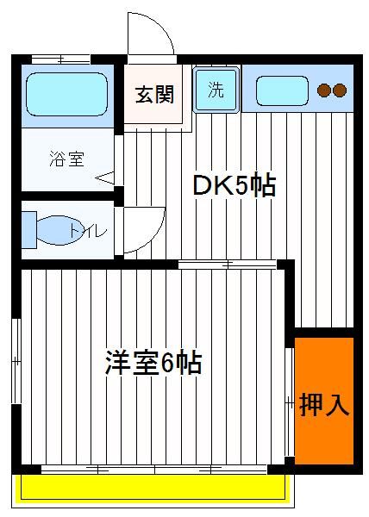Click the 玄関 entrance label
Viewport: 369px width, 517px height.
click(x=154, y=95)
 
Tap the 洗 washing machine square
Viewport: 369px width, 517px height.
click(x=216, y=90)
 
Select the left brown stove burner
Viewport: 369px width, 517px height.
click(x=324, y=90)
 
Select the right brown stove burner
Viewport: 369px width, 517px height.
click(x=340, y=90)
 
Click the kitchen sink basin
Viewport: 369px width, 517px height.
click(x=282, y=90)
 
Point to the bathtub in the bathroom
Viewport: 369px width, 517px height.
click(x=67, y=94)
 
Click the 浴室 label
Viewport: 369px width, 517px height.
click(x=67, y=159)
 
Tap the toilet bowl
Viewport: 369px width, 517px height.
click(x=59, y=230)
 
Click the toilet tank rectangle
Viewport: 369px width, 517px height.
click(x=29, y=230)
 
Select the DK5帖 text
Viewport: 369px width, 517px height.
click(x=235, y=186)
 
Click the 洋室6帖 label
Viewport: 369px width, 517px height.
click(x=153, y=363)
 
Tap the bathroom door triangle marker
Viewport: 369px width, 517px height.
click(x=105, y=178)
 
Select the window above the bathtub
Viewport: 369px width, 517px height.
click(x=61, y=59)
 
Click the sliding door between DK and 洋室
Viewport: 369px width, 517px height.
click(x=228, y=265)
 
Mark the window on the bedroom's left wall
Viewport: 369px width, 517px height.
click(x=16, y=361)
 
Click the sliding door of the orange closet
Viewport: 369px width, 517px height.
click(x=290, y=402)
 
